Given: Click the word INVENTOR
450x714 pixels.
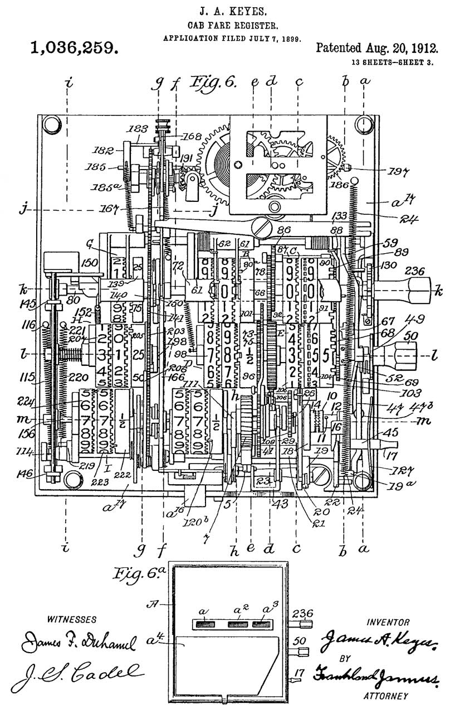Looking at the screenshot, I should (x=388, y=622).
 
